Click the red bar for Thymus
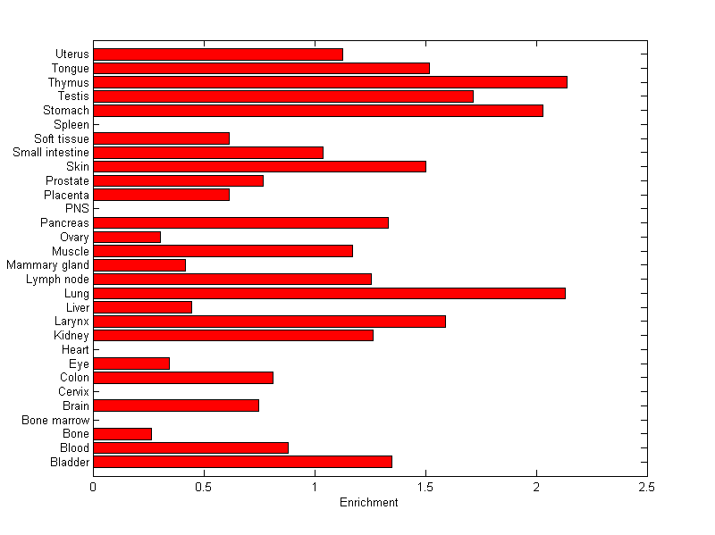[x=330, y=82]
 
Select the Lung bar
[x=329, y=293]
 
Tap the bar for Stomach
[x=318, y=111]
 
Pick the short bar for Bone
[x=122, y=433]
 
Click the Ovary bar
[x=127, y=237]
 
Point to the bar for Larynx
[x=269, y=321]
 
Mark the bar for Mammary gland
[x=139, y=264]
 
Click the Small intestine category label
[x=51, y=153]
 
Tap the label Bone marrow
[x=56, y=420]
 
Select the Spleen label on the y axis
[x=71, y=124]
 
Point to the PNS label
[x=77, y=209]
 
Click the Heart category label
[x=75, y=349]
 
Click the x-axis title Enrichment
[x=368, y=503]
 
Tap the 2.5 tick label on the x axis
[x=646, y=488]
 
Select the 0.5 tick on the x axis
[x=204, y=488]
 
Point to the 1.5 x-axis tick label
[x=425, y=488]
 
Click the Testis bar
[x=283, y=96]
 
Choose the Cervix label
[x=73, y=391]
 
